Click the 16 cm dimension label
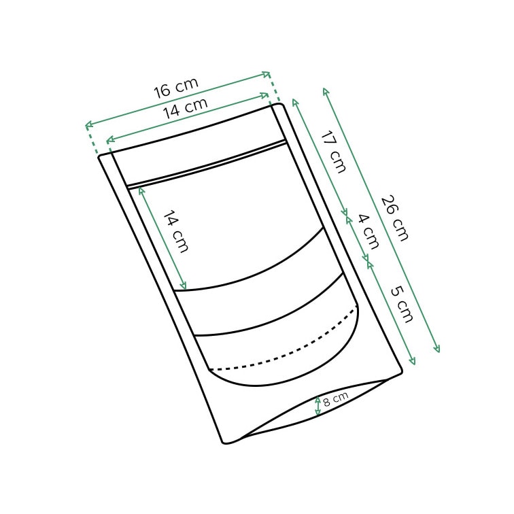tap(175, 88)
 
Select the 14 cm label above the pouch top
tap(185, 108)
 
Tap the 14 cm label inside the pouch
tap(175, 232)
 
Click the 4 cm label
tap(368, 231)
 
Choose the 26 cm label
tap(394, 218)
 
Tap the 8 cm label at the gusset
tap(335, 399)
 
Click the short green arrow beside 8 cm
tap(318, 406)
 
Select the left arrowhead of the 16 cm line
tap(87, 125)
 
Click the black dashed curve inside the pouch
tap(286, 354)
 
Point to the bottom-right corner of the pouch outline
tap(401, 371)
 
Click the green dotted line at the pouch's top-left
tap(92, 139)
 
